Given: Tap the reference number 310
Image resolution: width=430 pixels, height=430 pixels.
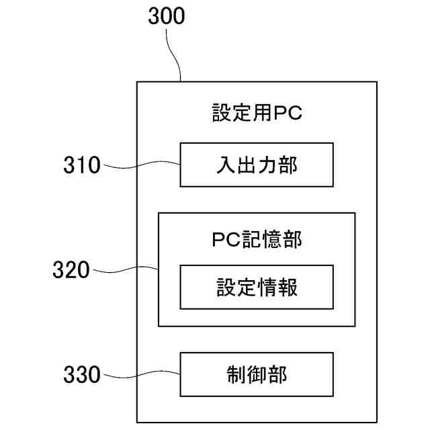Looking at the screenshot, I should [x=82, y=165].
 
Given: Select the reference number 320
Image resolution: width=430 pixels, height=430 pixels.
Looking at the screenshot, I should [x=71, y=270].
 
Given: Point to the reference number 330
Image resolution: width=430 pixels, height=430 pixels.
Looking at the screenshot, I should [x=82, y=374].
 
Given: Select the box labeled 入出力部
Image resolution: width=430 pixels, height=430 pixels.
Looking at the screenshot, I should [x=257, y=165].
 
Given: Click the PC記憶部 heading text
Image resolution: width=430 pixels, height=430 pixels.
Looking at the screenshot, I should [x=257, y=240].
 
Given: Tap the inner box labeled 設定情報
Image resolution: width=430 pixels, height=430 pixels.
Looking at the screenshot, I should [x=257, y=287].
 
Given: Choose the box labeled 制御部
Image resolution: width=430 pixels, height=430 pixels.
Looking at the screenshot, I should [x=257, y=374].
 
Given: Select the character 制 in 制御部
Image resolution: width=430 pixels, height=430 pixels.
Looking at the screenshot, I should [x=236, y=374].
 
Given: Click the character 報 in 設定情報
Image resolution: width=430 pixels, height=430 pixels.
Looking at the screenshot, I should [x=288, y=287].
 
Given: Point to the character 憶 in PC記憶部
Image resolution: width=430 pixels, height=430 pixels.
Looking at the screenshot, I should [x=272, y=240].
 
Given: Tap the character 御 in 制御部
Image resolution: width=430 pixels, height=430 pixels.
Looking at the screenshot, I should [x=257, y=374].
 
